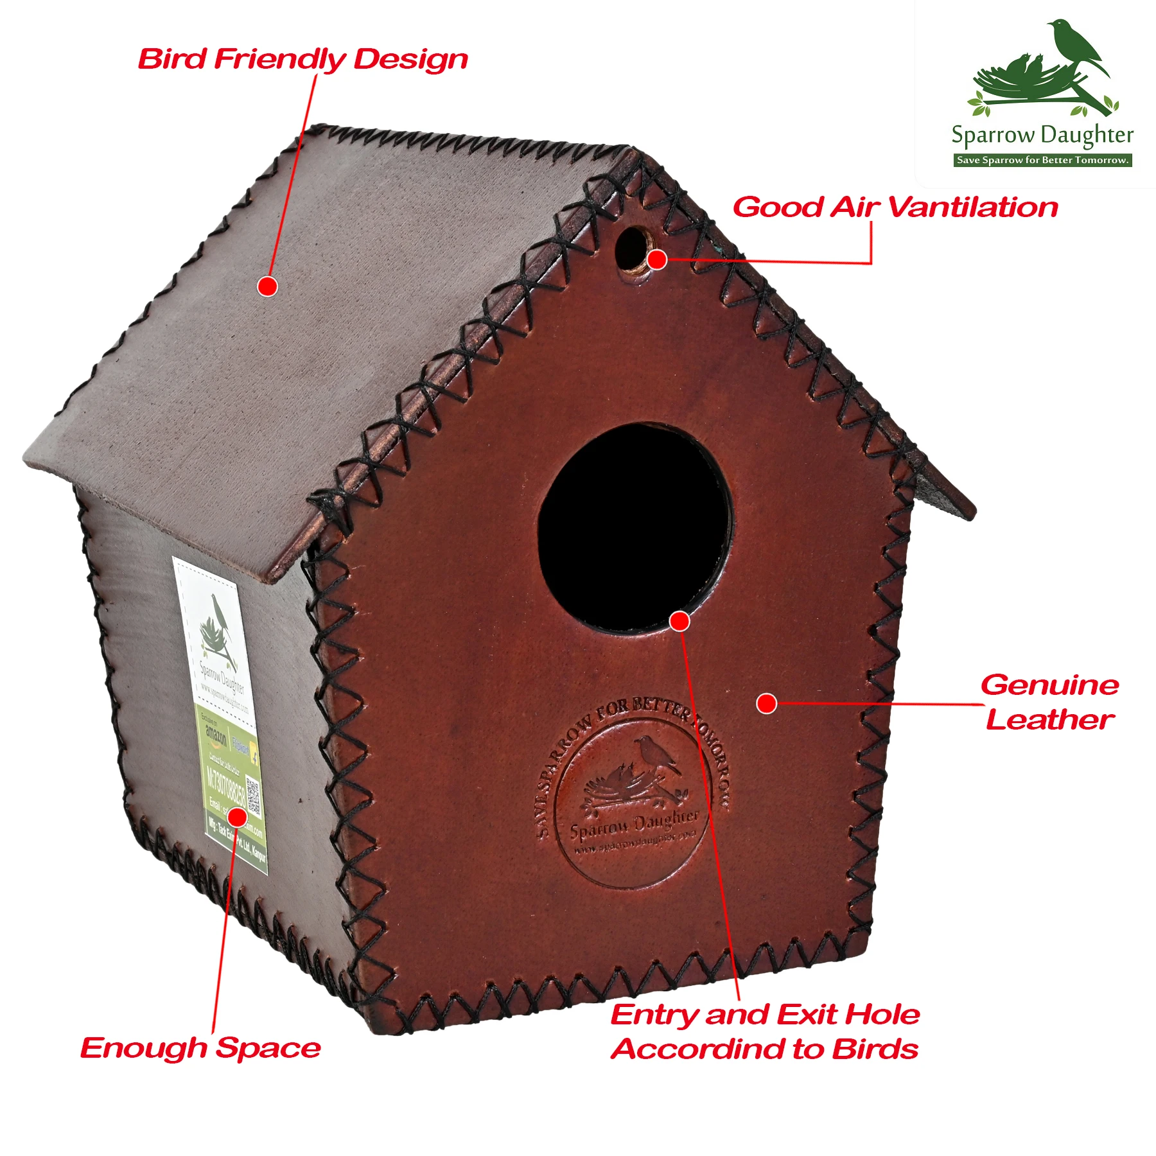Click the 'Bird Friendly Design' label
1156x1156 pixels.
(x=302, y=59)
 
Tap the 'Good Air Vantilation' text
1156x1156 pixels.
(x=895, y=207)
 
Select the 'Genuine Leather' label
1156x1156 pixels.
(x=1049, y=702)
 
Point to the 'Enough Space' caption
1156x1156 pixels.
(x=200, y=1048)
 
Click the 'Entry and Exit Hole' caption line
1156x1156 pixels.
(x=765, y=1015)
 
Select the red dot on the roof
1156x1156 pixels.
(x=267, y=286)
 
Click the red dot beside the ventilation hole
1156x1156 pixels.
(x=657, y=259)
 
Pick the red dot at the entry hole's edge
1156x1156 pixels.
(x=679, y=621)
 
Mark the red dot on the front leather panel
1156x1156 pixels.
(x=766, y=703)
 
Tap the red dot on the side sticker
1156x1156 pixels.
(x=237, y=817)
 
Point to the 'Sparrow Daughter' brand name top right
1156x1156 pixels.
(x=1042, y=136)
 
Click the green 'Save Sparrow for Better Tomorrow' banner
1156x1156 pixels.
(x=1042, y=160)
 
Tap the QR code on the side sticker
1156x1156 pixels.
(x=253, y=796)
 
